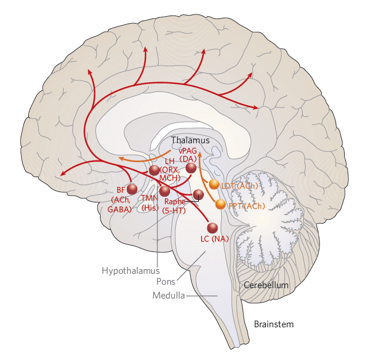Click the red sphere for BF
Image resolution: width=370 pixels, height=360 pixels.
pyautogui.click(x=132, y=188)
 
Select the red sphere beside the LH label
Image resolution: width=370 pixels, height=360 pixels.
pyautogui.click(x=154, y=170)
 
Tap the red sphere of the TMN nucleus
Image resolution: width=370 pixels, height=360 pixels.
pyautogui.click(x=164, y=191)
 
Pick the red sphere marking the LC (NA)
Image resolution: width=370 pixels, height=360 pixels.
pyautogui.click(x=212, y=228)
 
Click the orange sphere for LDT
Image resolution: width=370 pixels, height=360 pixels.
pyautogui.click(x=214, y=185)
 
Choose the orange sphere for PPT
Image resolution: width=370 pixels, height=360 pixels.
pyautogui.click(x=221, y=204)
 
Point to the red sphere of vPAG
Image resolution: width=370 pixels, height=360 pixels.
pyautogui.click(x=191, y=168)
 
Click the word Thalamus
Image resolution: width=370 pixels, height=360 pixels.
pyautogui.click(x=191, y=140)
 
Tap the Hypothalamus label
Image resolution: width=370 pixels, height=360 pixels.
pyautogui.click(x=130, y=270)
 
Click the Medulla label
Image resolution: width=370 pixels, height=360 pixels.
pyautogui.click(x=169, y=296)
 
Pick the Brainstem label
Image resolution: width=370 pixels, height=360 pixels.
pyautogui.click(x=273, y=324)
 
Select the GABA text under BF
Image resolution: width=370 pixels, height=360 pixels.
pyautogui.click(x=120, y=210)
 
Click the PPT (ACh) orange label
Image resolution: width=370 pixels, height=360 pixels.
pyautogui.click(x=242, y=206)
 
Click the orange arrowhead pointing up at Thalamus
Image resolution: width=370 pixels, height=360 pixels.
pyautogui.click(x=199, y=154)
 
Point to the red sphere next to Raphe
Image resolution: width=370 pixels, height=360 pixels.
pyautogui.click(x=198, y=194)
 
